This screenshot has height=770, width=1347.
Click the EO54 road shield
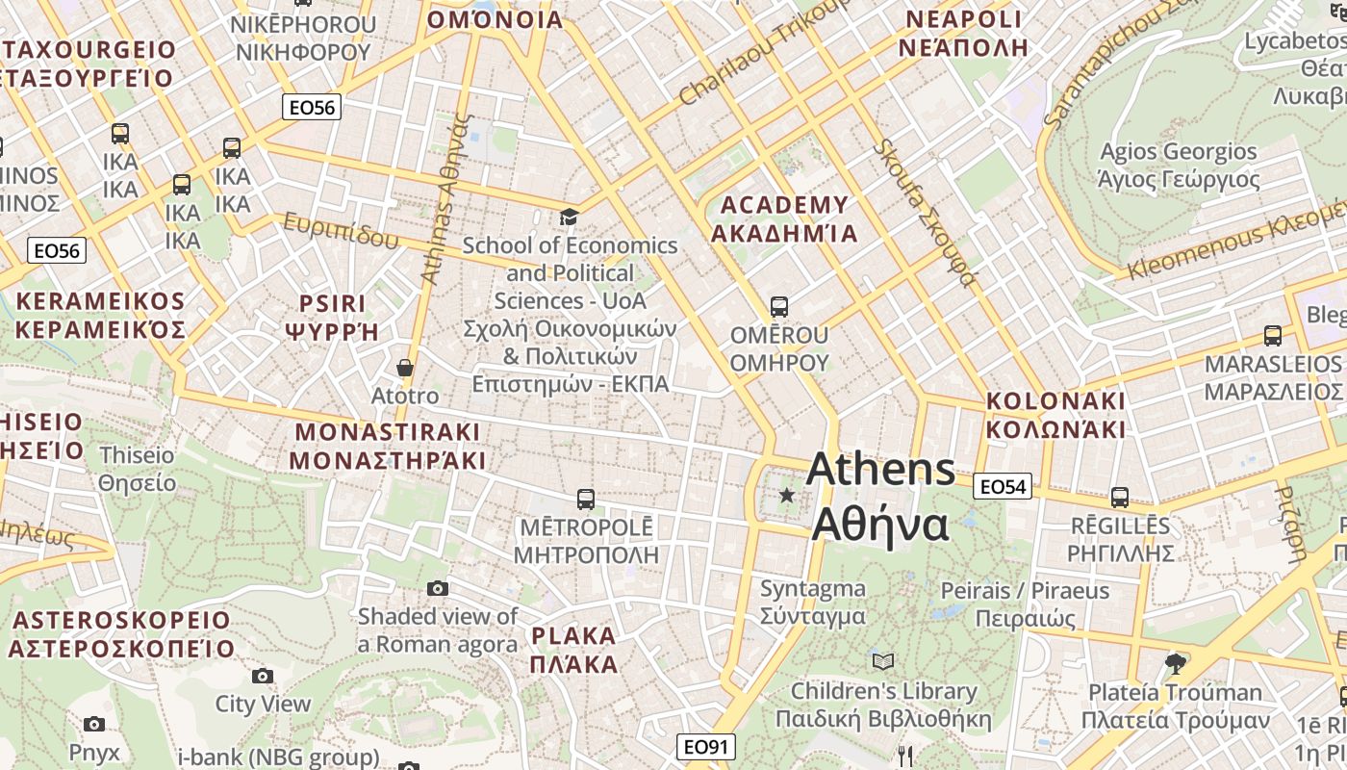pyautogui.click(x=1003, y=487)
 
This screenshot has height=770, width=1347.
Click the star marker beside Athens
pyautogui.click(x=787, y=495)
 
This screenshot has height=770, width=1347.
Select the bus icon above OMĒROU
pyautogui.click(x=779, y=307)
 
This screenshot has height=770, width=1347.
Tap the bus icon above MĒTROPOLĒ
pyautogui.click(x=585, y=499)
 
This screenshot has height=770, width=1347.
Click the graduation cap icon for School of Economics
pyautogui.click(x=570, y=218)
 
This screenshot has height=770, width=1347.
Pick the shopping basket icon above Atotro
pyautogui.click(x=405, y=368)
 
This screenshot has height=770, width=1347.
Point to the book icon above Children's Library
pyautogui.click(x=883, y=661)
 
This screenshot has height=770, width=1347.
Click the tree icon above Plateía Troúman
pyautogui.click(x=1174, y=662)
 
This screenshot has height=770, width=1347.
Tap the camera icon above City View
pyautogui.click(x=263, y=676)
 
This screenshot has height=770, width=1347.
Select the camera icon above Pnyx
pyautogui.click(x=94, y=724)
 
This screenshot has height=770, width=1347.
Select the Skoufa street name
pyautogui.click(x=926, y=214)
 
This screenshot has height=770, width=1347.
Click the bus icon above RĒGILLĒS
pyautogui.click(x=1120, y=498)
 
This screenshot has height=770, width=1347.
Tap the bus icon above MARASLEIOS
pyautogui.click(x=1273, y=336)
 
